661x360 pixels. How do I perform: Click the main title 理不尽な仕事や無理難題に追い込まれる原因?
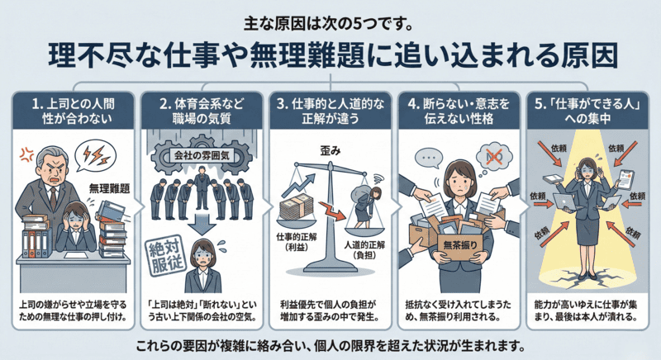point(330,56)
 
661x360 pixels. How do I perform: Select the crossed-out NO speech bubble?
point(493,154)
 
